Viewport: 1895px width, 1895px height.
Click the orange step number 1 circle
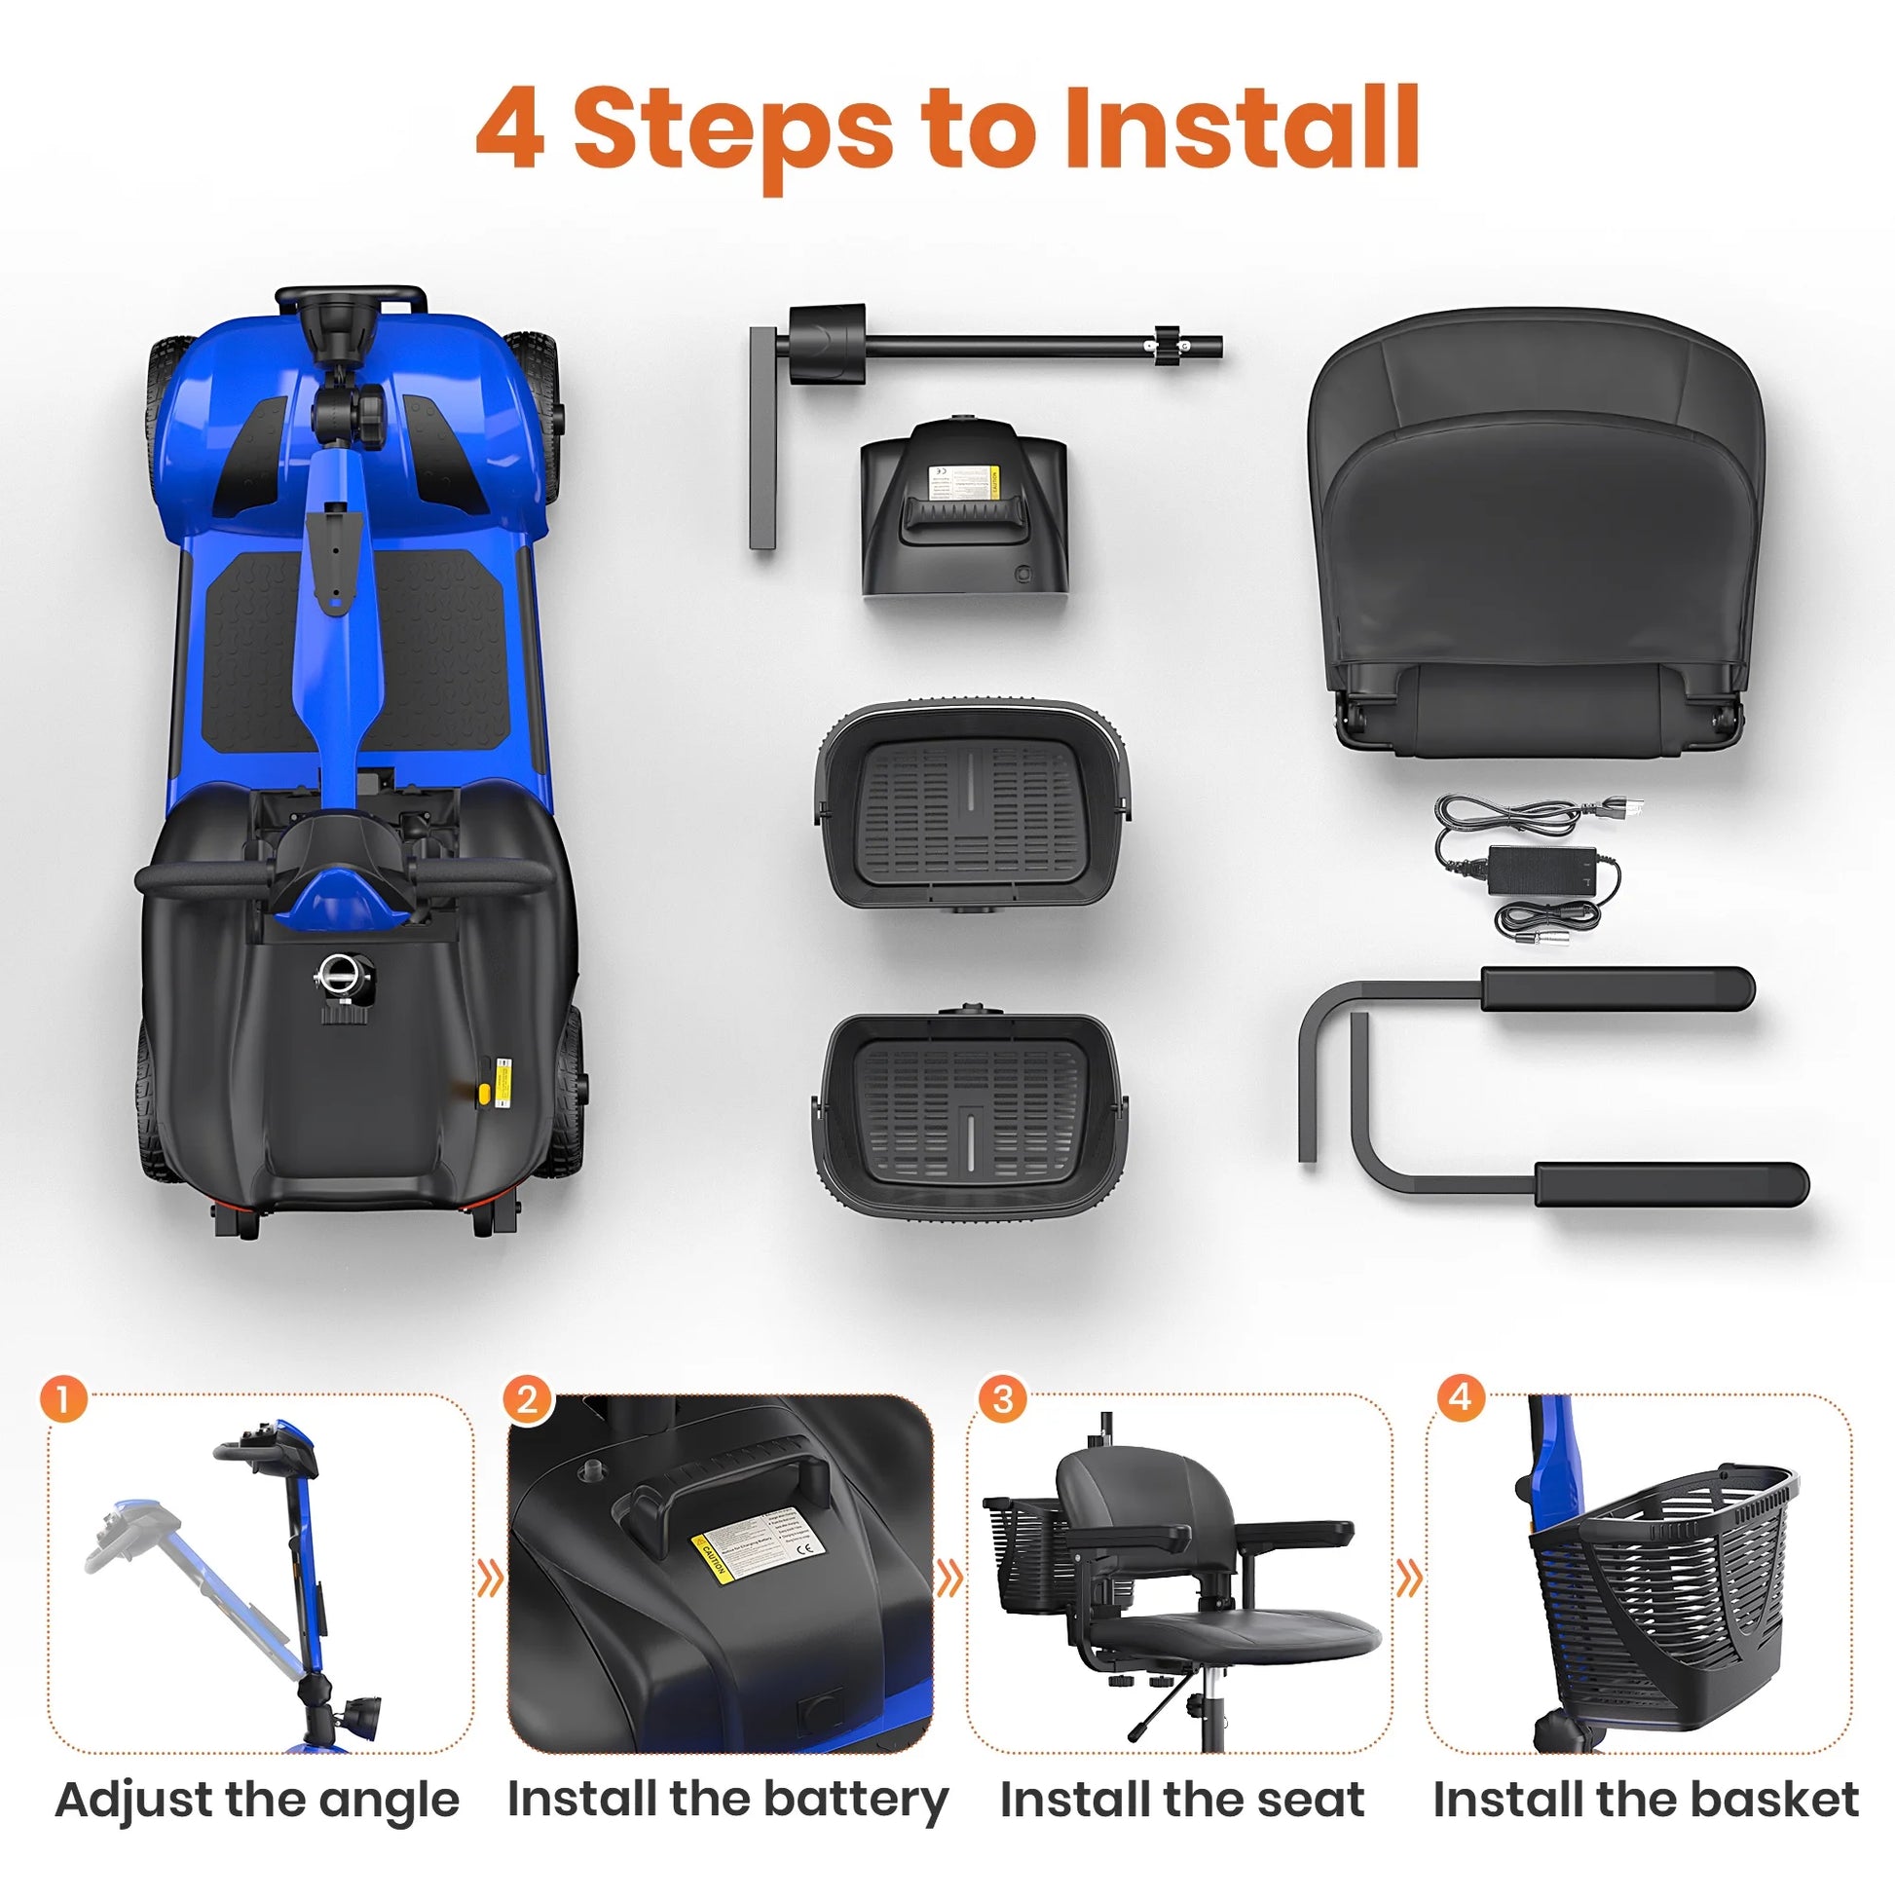point(63,1398)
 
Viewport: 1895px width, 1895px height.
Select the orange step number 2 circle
point(528,1398)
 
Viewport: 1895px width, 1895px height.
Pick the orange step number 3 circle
point(1002,1398)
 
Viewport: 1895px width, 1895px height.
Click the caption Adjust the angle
point(257,1800)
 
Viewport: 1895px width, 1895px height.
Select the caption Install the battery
point(727,1800)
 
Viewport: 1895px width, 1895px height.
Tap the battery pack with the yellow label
point(963,510)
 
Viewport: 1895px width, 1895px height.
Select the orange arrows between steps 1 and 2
point(490,1579)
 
